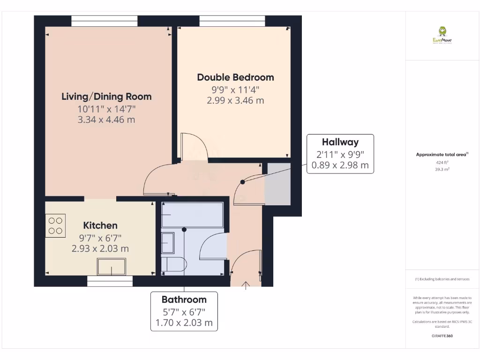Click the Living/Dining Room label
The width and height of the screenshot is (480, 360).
point(106,97)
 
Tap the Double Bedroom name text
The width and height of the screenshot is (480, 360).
point(235,77)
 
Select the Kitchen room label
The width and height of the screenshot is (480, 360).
point(100,225)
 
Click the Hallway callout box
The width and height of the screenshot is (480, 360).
point(340,154)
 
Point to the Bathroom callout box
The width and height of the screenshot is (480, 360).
point(184,311)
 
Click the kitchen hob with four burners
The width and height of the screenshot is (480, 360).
point(56,225)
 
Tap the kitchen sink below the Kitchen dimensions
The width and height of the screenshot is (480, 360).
point(112,267)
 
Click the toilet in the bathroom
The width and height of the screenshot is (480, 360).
point(172,264)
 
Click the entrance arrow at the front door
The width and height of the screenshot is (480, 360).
point(246,285)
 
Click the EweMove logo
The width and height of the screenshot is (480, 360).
point(442,35)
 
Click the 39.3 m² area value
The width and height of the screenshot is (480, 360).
point(442,169)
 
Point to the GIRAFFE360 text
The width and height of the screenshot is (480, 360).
point(442,336)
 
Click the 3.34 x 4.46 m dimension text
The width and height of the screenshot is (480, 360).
point(106,120)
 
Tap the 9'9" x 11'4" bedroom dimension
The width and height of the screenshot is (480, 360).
point(235,89)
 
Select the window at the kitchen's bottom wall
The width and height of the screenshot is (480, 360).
point(110,281)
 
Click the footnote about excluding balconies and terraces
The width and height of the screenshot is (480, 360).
point(442,279)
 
